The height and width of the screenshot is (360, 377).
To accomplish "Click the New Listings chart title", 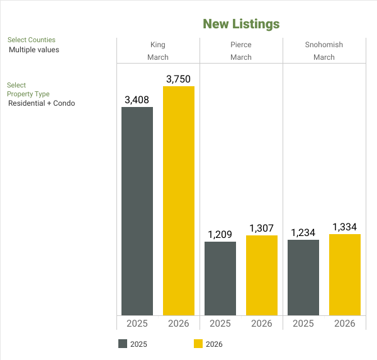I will (241, 24).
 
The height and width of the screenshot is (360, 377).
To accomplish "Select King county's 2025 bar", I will (137, 211).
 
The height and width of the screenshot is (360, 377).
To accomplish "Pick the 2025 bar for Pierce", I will (220, 278).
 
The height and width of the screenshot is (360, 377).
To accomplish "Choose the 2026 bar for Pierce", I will (262, 275).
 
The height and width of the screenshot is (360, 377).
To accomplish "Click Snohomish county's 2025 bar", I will (303, 278).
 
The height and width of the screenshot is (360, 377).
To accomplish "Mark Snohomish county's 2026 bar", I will (345, 274).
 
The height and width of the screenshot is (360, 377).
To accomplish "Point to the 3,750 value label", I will (178, 79).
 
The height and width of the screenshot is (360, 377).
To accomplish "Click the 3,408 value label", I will (137, 99).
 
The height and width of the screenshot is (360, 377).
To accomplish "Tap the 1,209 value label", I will (220, 234).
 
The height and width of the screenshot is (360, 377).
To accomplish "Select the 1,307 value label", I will (262, 228).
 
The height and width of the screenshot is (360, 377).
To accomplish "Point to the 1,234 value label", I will (303, 233).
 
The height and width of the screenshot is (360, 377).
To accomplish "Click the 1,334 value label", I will (345, 227).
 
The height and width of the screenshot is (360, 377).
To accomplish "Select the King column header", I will (158, 45).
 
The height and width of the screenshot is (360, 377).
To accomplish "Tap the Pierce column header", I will (241, 45).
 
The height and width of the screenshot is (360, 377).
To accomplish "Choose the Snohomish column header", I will (324, 45).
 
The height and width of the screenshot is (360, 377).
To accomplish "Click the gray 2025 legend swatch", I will (123, 344).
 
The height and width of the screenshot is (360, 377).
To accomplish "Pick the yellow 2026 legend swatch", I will (198, 344).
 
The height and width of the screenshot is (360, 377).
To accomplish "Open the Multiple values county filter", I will (34, 50).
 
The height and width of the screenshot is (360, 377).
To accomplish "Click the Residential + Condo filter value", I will (42, 103).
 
